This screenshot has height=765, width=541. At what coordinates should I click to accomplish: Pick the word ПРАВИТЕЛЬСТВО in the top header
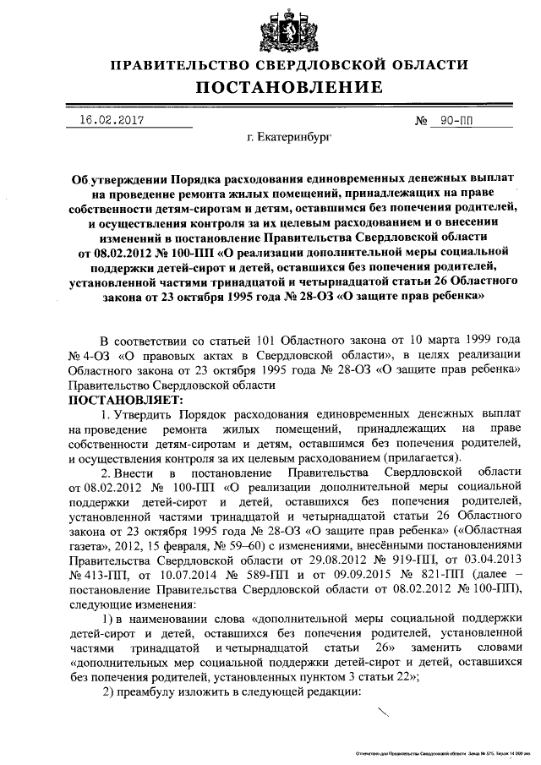pos(185,64)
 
